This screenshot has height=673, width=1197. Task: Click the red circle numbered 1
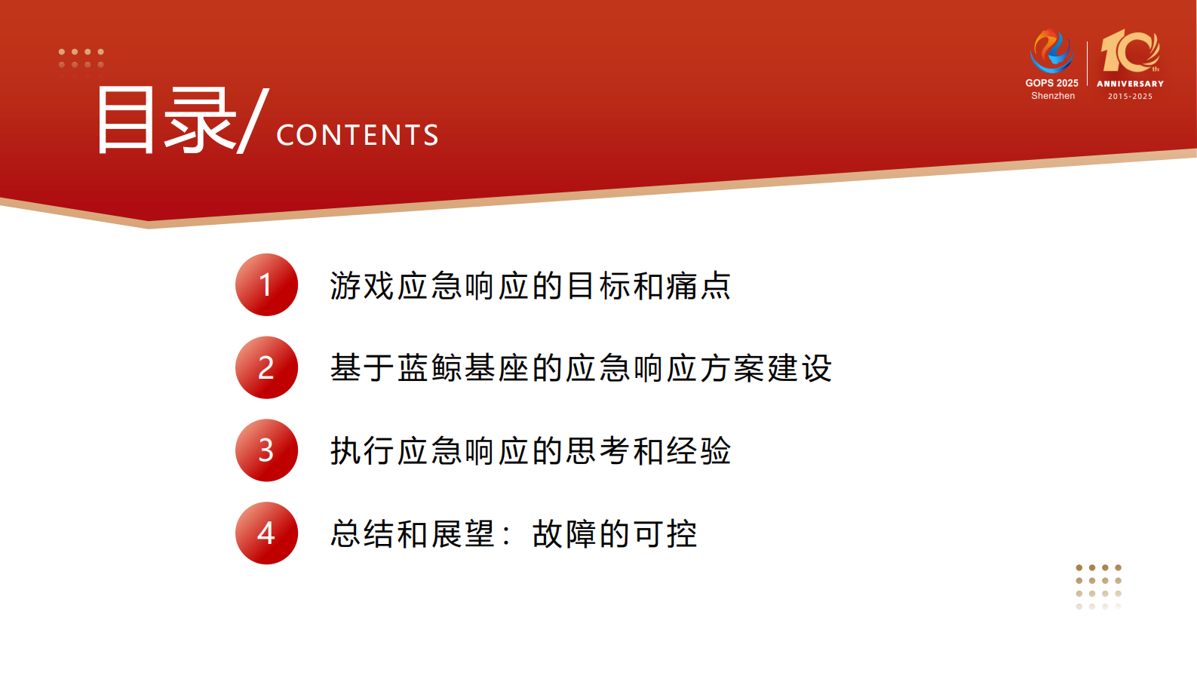tap(266, 285)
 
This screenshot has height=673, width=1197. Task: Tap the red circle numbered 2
tap(266, 367)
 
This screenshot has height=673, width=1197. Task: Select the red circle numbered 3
tap(266, 450)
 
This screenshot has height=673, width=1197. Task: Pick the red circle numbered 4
tap(266, 533)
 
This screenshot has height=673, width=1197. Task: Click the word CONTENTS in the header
tap(358, 135)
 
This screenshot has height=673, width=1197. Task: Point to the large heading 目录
tap(166, 121)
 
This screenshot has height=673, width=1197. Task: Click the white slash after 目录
tap(253, 121)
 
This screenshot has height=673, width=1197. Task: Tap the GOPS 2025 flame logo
tap(1051, 51)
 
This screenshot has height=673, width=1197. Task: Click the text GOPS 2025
tap(1051, 83)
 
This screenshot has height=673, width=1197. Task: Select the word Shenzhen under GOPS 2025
tap(1053, 96)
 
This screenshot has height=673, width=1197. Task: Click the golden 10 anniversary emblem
tap(1129, 51)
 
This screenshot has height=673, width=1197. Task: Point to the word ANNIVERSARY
tap(1130, 84)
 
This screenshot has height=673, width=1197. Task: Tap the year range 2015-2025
tap(1130, 97)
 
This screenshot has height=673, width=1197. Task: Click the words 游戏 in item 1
tap(363, 286)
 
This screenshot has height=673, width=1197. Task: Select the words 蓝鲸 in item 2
tap(430, 368)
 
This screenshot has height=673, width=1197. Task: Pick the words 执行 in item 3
tap(363, 451)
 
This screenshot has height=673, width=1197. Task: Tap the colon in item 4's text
tap(506, 534)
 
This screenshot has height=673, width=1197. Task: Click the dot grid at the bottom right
tap(1098, 586)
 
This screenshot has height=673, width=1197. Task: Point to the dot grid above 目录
tap(81, 59)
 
